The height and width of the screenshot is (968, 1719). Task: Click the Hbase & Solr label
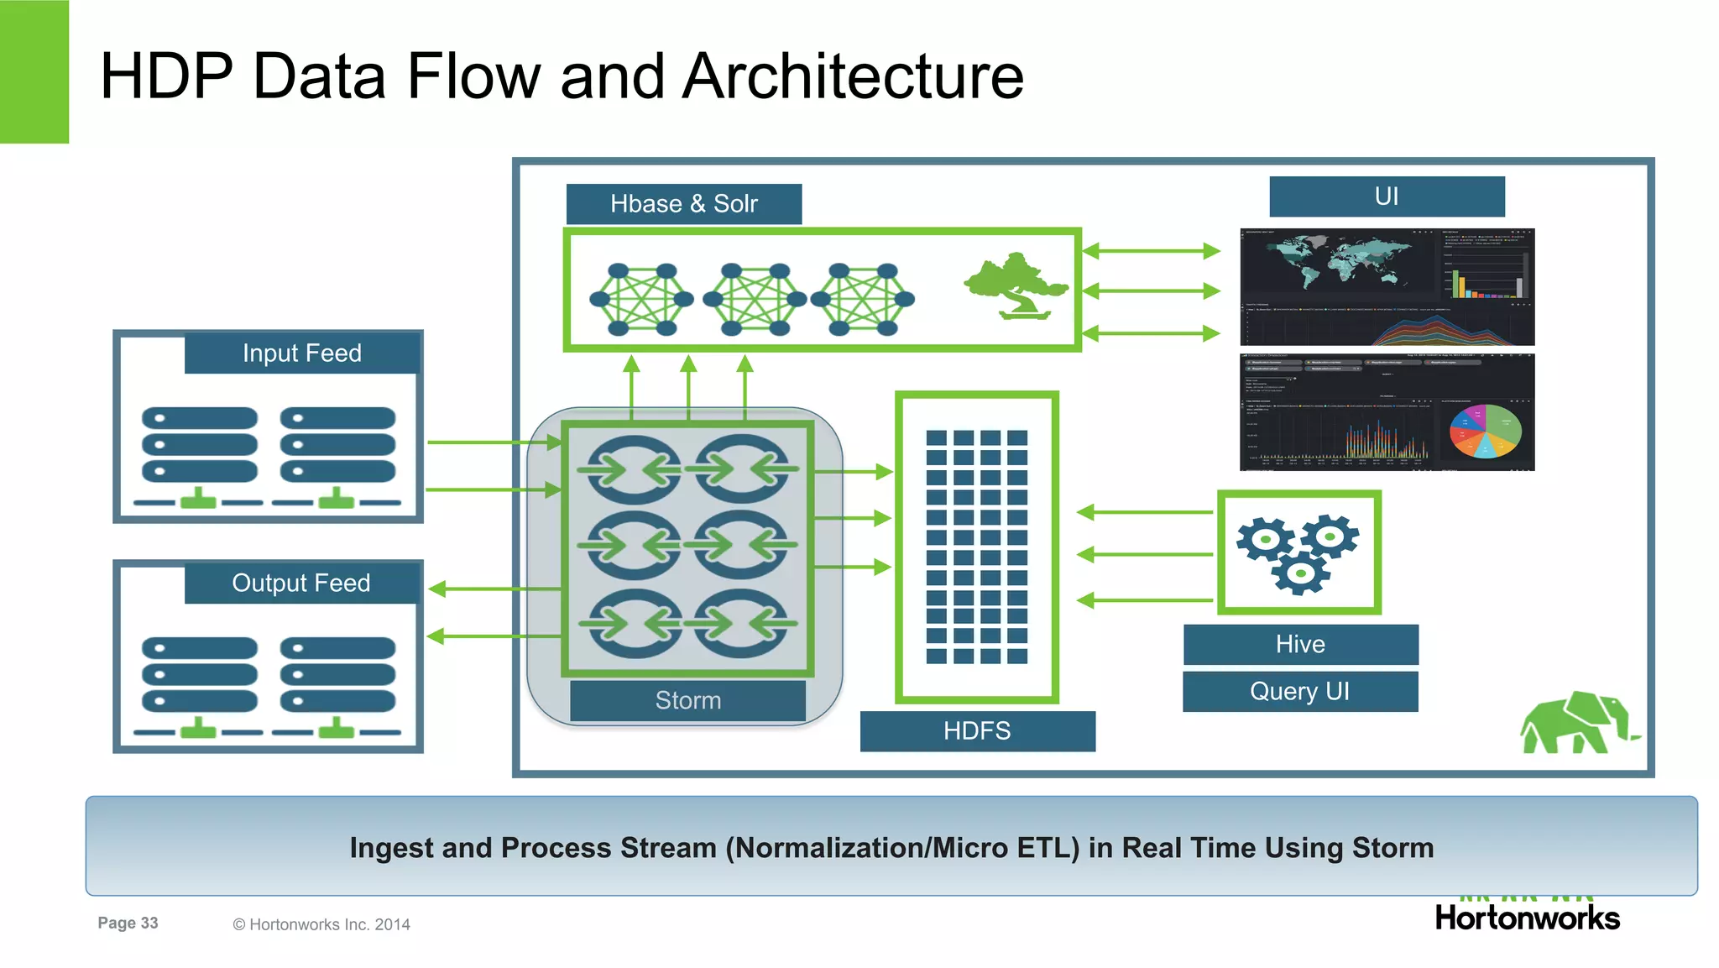683,204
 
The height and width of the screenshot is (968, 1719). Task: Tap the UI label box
1387,196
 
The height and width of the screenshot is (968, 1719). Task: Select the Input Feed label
302,353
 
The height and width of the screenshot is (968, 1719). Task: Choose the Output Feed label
301,583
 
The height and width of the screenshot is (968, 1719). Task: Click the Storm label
687,700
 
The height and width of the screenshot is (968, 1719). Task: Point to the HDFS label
977,730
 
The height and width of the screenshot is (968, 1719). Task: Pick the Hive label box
1300,644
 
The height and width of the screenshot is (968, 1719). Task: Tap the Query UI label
1299,691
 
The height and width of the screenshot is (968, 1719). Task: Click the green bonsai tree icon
1016,286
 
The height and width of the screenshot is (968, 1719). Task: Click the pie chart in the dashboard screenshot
1485,432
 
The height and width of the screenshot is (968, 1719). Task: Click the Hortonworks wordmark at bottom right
1527,918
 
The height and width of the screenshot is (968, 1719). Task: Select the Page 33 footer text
128,923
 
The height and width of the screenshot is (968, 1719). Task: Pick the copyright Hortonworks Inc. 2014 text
321,924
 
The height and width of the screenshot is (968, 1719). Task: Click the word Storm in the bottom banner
1392,848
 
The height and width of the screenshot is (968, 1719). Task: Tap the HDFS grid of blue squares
976,547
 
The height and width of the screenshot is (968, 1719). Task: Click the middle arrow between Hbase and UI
1151,291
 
